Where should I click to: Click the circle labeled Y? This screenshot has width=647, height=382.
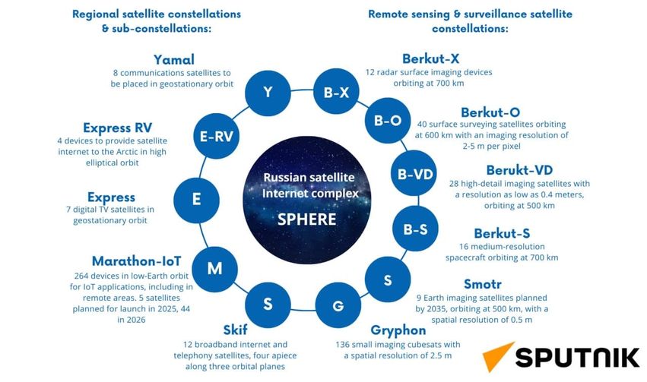click(x=268, y=93)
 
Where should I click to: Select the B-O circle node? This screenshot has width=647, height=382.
click(x=388, y=120)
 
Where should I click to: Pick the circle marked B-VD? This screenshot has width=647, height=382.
click(x=415, y=174)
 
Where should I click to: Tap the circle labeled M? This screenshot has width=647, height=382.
click(x=214, y=268)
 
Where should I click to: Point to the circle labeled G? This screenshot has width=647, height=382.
click(x=338, y=306)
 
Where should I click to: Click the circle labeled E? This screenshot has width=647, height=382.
click(x=197, y=200)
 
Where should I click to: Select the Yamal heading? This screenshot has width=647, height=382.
click(x=174, y=59)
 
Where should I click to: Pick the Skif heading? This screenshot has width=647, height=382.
click(x=236, y=330)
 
